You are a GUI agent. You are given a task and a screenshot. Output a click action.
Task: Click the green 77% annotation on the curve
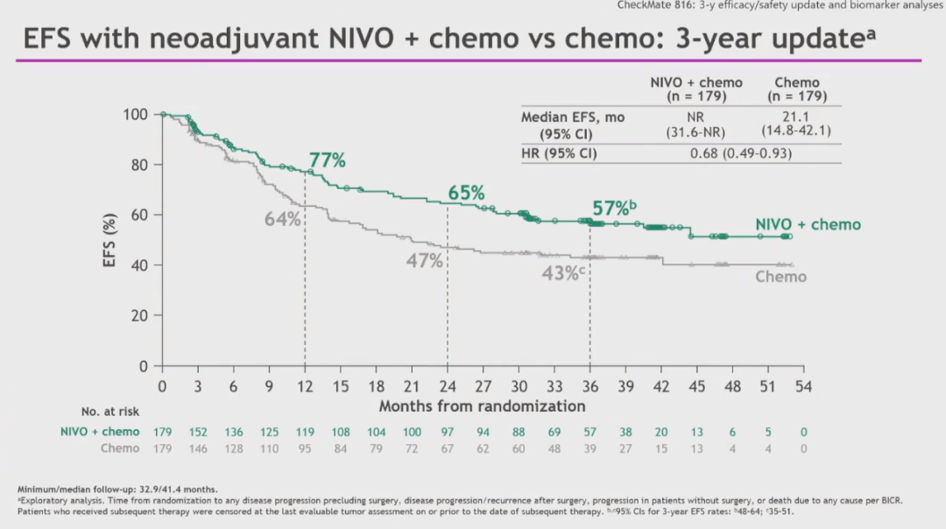pos(327,160)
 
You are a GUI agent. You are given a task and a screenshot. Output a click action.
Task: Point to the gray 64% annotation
pos(282,219)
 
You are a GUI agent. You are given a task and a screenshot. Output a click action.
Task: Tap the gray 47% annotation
pos(424,260)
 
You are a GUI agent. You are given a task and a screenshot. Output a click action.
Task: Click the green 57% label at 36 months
pos(611,208)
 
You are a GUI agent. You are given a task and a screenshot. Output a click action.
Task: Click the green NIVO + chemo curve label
pos(808,225)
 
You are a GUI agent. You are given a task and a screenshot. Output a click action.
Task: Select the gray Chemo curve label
pos(780,277)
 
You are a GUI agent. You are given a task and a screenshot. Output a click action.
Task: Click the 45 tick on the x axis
pos(696,386)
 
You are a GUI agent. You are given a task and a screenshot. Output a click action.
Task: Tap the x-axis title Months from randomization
pos(482,406)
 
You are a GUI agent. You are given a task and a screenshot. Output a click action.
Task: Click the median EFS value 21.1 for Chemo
pos(796,116)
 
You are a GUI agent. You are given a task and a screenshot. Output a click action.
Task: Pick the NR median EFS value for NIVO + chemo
pos(696,116)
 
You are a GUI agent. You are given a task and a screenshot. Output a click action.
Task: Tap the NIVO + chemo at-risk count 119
pos(305,432)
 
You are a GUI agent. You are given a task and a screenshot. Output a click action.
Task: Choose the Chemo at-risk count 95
pos(305,448)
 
